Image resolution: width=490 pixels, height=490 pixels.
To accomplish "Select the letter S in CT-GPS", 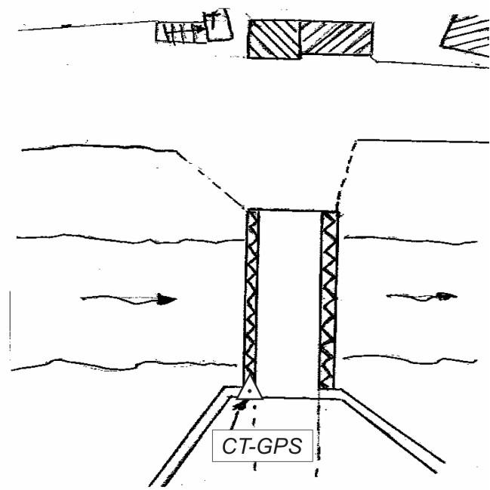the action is [x=294, y=446].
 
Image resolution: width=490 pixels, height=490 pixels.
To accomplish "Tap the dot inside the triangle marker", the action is [x=249, y=392].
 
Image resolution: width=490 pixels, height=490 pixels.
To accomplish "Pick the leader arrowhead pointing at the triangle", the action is [x=240, y=405].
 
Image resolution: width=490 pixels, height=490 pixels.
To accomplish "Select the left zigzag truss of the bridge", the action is [x=252, y=298].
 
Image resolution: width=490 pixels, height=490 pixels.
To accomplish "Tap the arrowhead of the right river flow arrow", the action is [x=445, y=296].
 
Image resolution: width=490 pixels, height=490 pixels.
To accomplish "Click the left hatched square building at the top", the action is [x=274, y=39].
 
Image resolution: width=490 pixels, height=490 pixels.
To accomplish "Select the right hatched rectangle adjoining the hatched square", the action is [x=337, y=38].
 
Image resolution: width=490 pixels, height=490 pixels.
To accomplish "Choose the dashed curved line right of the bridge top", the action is [x=344, y=174].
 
